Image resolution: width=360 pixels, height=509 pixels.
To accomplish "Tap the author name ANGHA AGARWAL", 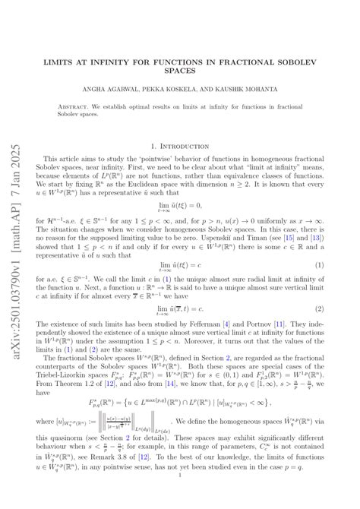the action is [x=127, y=90].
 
